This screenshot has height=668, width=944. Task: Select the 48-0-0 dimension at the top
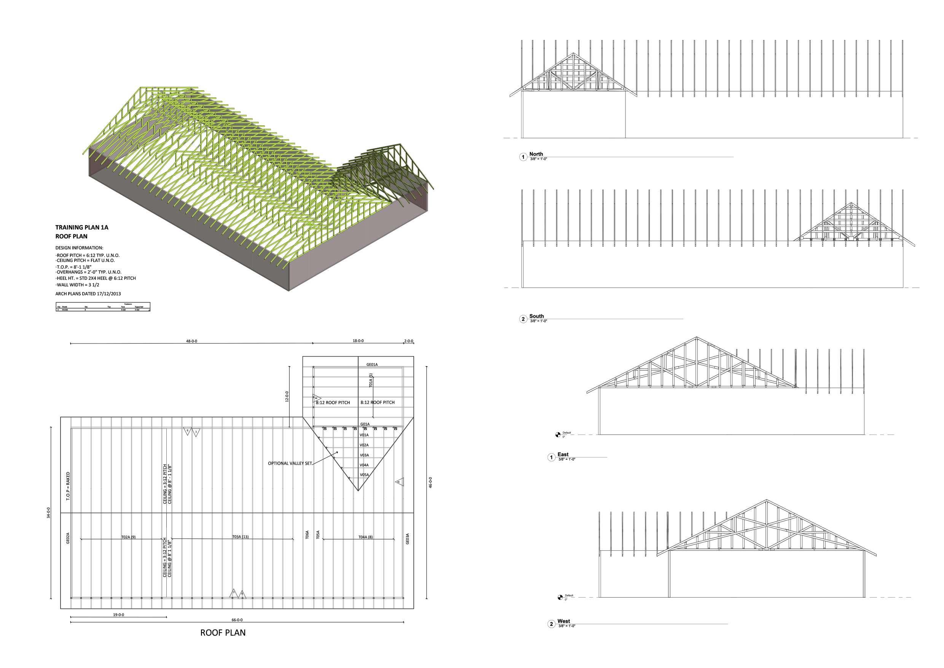[x=191, y=341]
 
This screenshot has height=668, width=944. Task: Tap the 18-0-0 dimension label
[x=358, y=341]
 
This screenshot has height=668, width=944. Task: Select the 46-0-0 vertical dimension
[x=430, y=482]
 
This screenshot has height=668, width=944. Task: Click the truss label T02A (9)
[x=128, y=537]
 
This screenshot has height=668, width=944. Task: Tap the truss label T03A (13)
[x=240, y=537]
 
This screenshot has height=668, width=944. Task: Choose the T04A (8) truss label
[x=365, y=537]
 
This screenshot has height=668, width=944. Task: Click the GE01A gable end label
[x=372, y=364]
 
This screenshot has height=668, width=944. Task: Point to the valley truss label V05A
[x=364, y=475]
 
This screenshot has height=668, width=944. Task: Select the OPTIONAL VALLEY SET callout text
[x=290, y=463]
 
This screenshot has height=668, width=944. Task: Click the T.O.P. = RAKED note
[x=68, y=486]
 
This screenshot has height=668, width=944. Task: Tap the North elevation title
[x=536, y=154]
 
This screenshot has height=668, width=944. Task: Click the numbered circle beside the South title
[x=523, y=319]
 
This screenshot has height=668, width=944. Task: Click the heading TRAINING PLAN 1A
[x=82, y=227]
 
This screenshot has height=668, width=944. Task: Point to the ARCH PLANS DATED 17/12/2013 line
[x=88, y=294]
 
